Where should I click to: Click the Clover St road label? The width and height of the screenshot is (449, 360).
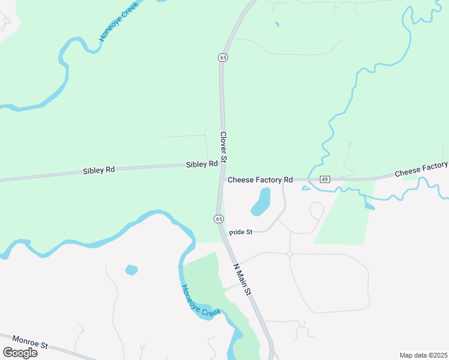click(223, 148)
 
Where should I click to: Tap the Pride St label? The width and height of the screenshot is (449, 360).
click(241, 232)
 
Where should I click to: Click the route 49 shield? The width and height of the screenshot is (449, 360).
click(325, 179)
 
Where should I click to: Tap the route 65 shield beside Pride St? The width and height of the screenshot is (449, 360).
click(219, 218)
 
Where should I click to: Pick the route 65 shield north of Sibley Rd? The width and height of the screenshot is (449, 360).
click(223, 58)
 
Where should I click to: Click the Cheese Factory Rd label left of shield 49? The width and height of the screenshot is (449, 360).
click(260, 179)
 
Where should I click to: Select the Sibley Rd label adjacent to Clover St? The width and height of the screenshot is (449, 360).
click(202, 164)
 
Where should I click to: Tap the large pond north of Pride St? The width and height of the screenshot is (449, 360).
click(261, 202)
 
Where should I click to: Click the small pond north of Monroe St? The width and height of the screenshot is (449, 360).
click(131, 270)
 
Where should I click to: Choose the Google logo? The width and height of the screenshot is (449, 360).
click(20, 352)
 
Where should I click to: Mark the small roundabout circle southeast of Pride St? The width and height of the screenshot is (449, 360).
click(289, 254)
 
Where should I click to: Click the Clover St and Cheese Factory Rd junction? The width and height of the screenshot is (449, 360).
click(222, 179)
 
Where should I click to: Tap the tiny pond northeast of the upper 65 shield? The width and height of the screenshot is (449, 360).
click(277, 25)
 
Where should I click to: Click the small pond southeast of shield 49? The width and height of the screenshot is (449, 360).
click(369, 207)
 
